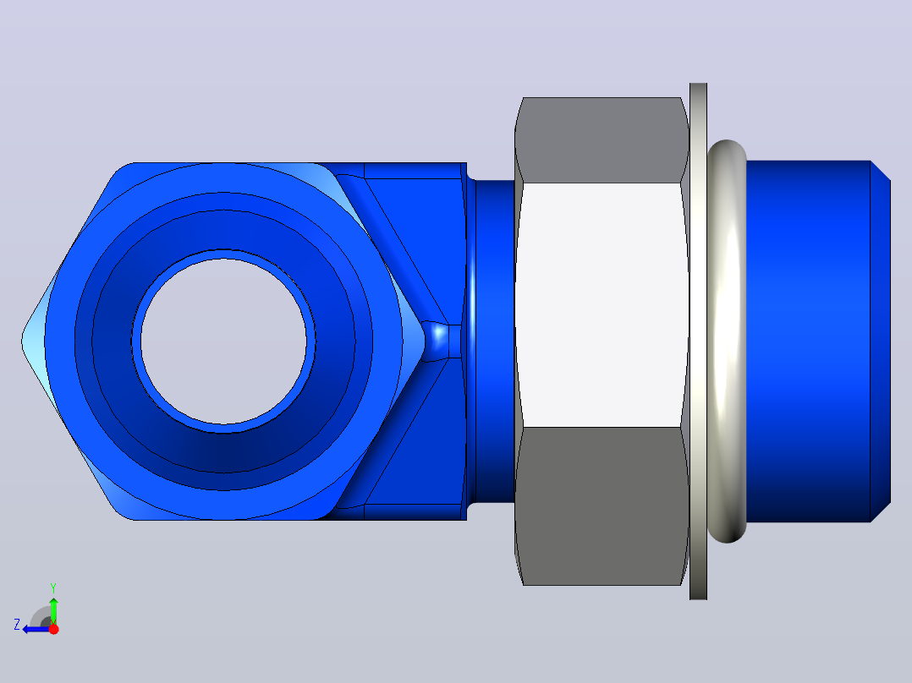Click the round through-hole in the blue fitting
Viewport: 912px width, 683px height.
point(223,341)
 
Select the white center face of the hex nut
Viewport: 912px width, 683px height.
point(602,305)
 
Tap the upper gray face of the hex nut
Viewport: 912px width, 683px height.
point(602,140)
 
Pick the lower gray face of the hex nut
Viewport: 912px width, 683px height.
point(602,506)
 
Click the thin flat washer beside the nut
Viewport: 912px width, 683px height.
point(698,341)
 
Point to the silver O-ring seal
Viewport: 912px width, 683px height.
point(727,341)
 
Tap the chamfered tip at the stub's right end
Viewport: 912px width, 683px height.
point(881,341)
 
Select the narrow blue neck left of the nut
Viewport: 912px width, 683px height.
point(494,341)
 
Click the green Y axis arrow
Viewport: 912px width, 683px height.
point(53,609)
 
